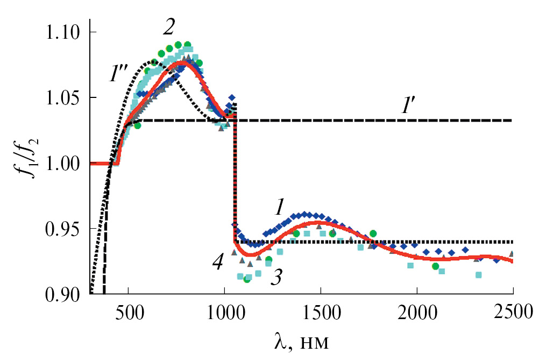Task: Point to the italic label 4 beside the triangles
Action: [217, 264]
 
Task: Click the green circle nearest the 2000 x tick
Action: [435, 266]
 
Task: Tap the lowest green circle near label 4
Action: [247, 279]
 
